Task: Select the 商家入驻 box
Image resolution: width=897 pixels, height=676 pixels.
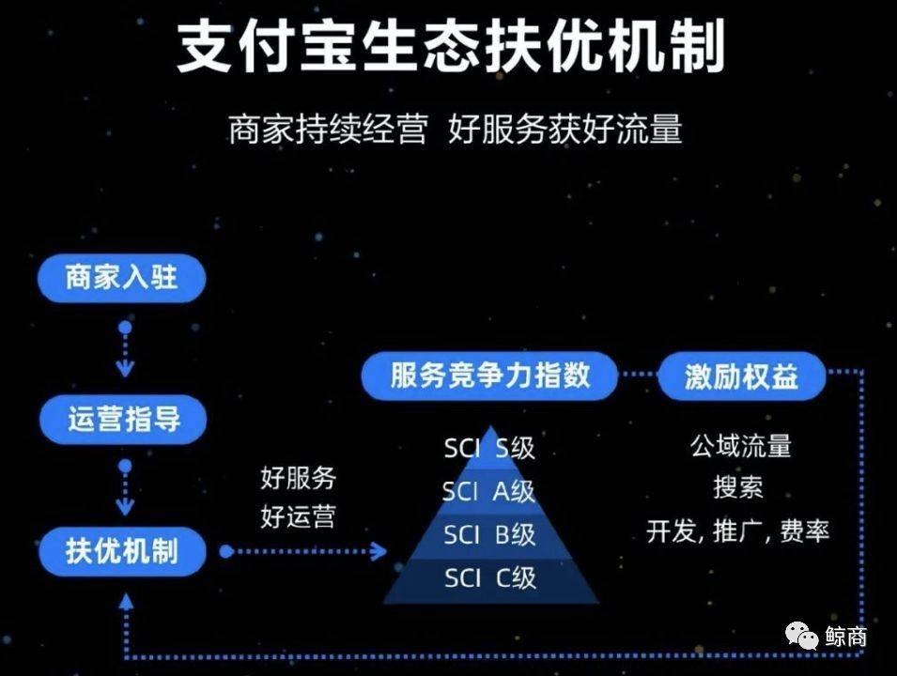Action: [x=121, y=277]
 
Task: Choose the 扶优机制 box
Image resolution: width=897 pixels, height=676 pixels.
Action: [x=122, y=550]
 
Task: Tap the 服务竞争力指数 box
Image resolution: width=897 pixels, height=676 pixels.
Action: [x=490, y=376]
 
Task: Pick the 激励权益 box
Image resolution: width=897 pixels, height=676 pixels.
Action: [x=741, y=376]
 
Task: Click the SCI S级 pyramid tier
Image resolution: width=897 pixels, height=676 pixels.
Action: [x=489, y=448]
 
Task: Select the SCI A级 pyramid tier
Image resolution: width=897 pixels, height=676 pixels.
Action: [x=489, y=491]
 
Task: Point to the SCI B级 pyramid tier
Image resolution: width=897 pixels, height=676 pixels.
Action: [x=489, y=534]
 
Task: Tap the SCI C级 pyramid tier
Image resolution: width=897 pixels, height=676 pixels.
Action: [x=489, y=577]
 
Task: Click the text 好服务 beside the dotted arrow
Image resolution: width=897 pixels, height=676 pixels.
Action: [x=298, y=478]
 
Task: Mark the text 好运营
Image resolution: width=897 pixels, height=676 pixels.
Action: [x=298, y=515]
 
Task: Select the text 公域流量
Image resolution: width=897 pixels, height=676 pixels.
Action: [x=740, y=446]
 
